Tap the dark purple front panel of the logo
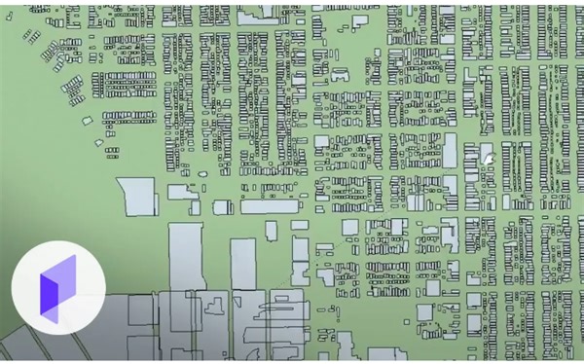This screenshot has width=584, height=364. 51,292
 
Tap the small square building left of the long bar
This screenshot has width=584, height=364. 223,206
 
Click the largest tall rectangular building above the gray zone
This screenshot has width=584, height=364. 185,256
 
